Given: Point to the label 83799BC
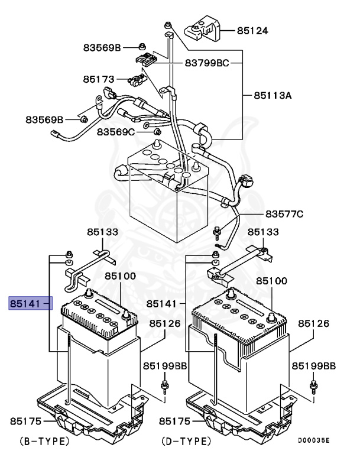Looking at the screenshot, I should click(206, 61).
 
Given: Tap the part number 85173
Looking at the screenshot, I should click(99, 78).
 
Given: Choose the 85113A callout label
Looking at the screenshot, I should click(273, 94).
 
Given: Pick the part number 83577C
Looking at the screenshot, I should click(284, 213).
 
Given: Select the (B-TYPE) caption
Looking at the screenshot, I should click(44, 441).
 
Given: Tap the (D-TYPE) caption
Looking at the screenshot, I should click(186, 441).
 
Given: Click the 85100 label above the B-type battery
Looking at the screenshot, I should click(121, 276).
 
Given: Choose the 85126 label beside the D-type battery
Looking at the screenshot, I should click(313, 323).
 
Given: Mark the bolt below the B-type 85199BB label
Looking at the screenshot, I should click(164, 388).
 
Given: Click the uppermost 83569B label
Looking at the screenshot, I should click(102, 47).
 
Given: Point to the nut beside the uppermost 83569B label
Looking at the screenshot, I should click(142, 46).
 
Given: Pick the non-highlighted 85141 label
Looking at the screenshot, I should click(163, 303).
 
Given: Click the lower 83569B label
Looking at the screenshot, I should click(44, 119).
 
